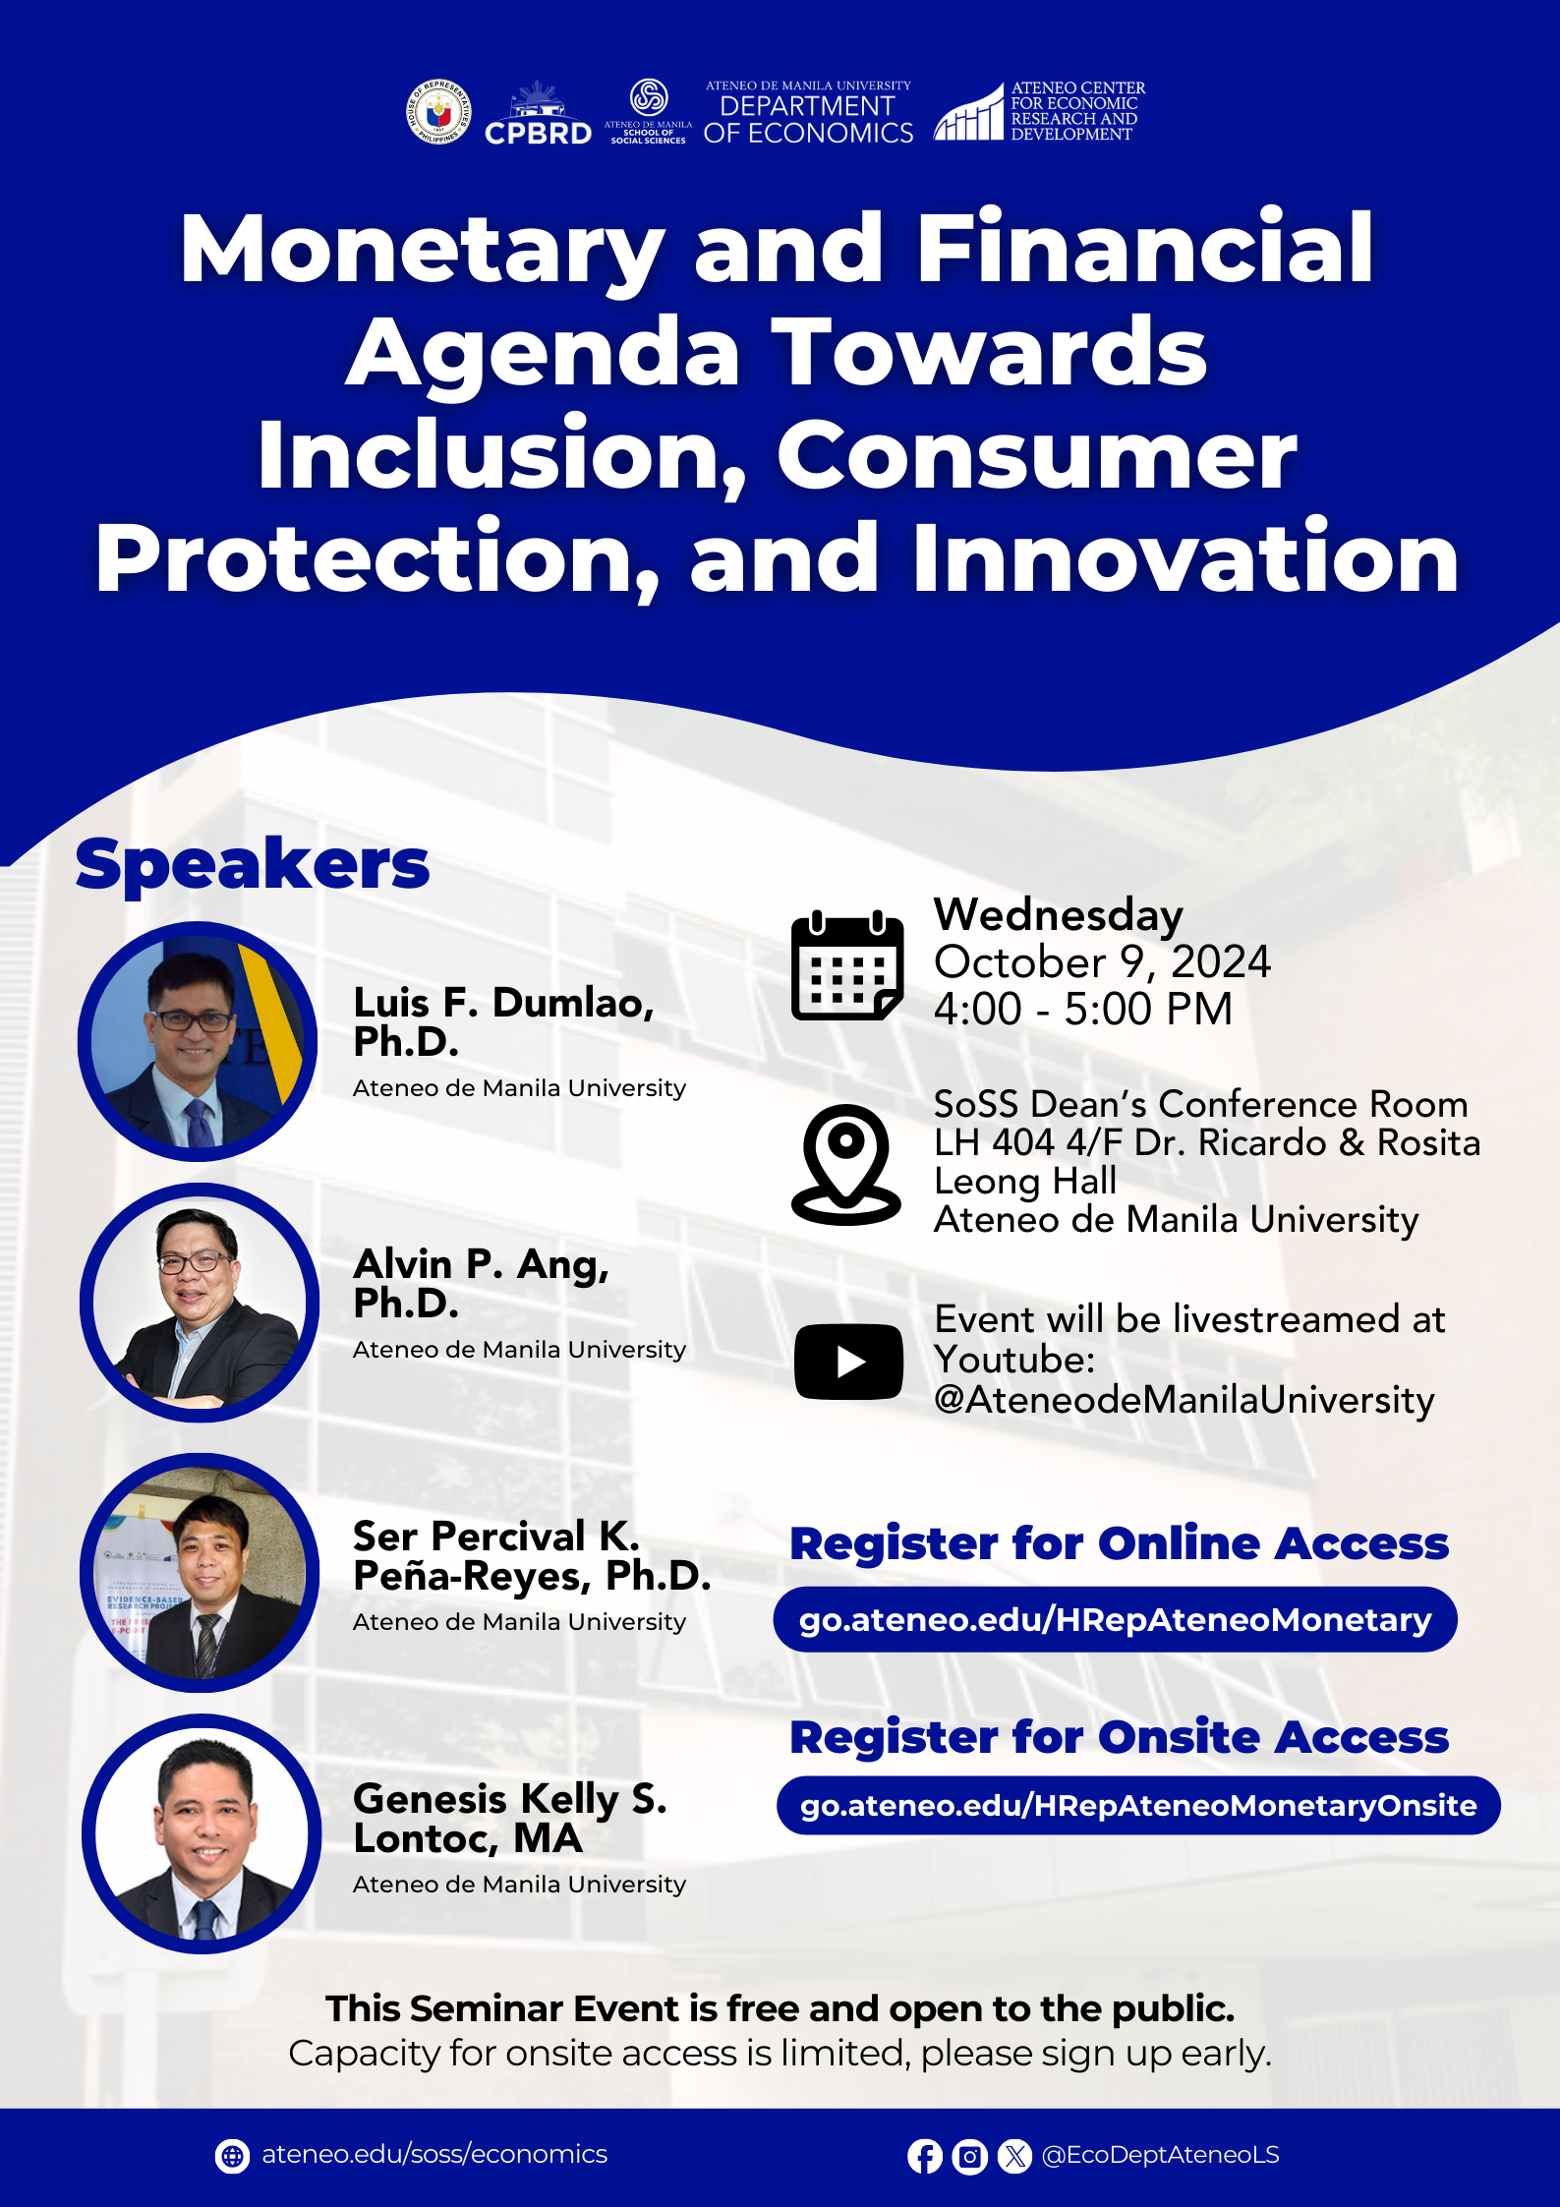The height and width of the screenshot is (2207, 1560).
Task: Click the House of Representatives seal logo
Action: [x=438, y=112]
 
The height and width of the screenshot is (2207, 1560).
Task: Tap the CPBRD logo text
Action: [x=538, y=133]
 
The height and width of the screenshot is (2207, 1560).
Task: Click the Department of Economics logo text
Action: [x=808, y=114]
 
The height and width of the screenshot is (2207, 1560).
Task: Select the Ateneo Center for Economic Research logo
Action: [x=1039, y=111]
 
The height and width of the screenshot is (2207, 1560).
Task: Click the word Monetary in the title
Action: [x=423, y=251]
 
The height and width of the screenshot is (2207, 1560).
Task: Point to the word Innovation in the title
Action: [x=1185, y=558]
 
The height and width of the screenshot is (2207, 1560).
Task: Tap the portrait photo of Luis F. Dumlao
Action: [x=198, y=1041]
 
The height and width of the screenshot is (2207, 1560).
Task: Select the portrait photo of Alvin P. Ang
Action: [x=200, y=1302]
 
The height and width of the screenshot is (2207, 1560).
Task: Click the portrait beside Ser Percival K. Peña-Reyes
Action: [x=200, y=1572]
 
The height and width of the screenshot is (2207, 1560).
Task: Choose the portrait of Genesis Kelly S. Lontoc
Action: [x=202, y=1833]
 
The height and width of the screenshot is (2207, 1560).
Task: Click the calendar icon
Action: [x=847, y=965]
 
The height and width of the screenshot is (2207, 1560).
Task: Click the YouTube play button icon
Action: [x=848, y=1362]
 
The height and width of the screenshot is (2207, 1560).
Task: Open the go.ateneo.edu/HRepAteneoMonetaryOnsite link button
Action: [x=1138, y=1805]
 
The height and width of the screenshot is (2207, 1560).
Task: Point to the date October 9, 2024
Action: [x=1102, y=961]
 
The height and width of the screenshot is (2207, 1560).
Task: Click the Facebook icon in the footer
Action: [x=924, y=2157]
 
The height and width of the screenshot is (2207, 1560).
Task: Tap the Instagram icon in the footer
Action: [x=969, y=2157]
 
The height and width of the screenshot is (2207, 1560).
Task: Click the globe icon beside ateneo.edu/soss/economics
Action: [x=232, y=2156]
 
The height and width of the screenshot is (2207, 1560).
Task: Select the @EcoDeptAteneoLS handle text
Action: [x=1160, y=2155]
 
